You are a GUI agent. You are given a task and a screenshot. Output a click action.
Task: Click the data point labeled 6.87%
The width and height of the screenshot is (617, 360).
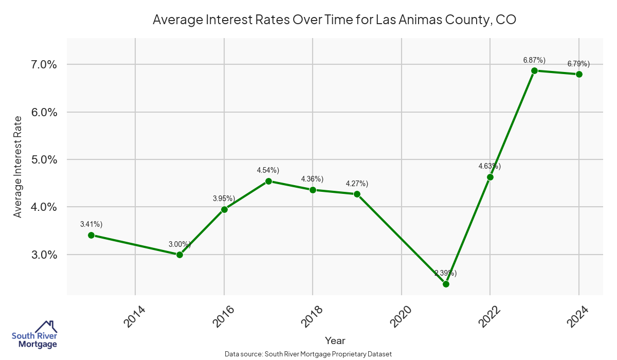pyautogui.click(x=534, y=70)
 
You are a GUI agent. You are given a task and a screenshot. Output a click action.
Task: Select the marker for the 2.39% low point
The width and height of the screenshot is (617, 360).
pyautogui.click(x=446, y=284)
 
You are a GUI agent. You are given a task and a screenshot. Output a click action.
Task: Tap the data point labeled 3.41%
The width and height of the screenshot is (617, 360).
pyautogui.click(x=91, y=235)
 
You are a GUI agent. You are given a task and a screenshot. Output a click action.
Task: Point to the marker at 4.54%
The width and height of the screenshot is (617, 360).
pyautogui.click(x=268, y=181)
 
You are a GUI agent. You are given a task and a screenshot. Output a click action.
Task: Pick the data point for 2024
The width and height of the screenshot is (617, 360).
pyautogui.click(x=579, y=74)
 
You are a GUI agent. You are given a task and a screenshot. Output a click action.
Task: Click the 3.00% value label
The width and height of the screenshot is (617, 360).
pyautogui.click(x=180, y=244)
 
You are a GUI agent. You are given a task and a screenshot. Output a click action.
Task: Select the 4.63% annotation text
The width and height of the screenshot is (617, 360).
pyautogui.click(x=489, y=166)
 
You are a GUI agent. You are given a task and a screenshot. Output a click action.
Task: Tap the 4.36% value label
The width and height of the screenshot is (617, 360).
pyautogui.click(x=312, y=179)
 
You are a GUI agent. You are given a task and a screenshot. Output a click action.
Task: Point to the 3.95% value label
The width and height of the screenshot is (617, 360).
pyautogui.click(x=224, y=199)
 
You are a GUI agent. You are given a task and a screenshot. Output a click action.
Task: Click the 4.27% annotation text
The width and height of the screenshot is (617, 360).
pyautogui.click(x=357, y=184)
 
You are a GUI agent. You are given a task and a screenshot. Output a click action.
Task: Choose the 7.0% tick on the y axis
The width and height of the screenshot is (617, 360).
pyautogui.click(x=44, y=64)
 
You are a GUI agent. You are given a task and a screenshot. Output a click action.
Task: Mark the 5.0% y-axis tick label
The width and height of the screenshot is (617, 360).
pyautogui.click(x=44, y=159)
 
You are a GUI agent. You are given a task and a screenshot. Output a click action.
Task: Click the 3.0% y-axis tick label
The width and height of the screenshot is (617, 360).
pyautogui.click(x=44, y=255)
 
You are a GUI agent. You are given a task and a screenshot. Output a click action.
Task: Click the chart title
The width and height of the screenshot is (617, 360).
pyautogui.click(x=334, y=20)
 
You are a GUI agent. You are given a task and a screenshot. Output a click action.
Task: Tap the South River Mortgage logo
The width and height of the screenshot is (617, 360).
pyautogui.click(x=34, y=335)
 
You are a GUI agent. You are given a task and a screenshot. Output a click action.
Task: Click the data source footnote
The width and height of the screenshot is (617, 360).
pyautogui.click(x=308, y=354)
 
